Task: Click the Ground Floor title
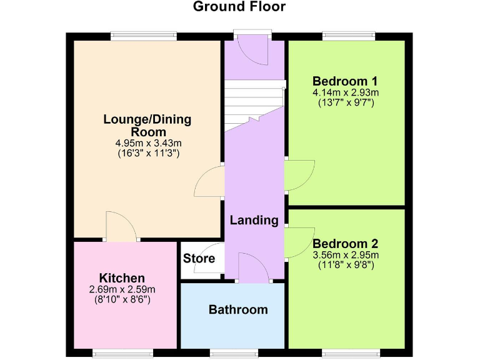point(239,7)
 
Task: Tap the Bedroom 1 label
point(346,81)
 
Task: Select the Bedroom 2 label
point(346,244)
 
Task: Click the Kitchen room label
point(122,278)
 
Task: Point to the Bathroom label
point(238,309)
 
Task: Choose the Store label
point(199,258)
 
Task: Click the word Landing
point(254,220)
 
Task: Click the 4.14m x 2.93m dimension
point(346,92)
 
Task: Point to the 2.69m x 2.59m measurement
point(122,289)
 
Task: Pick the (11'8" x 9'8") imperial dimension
point(346,265)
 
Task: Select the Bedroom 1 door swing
point(298,175)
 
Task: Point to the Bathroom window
point(233,352)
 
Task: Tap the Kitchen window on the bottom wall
point(123,352)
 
